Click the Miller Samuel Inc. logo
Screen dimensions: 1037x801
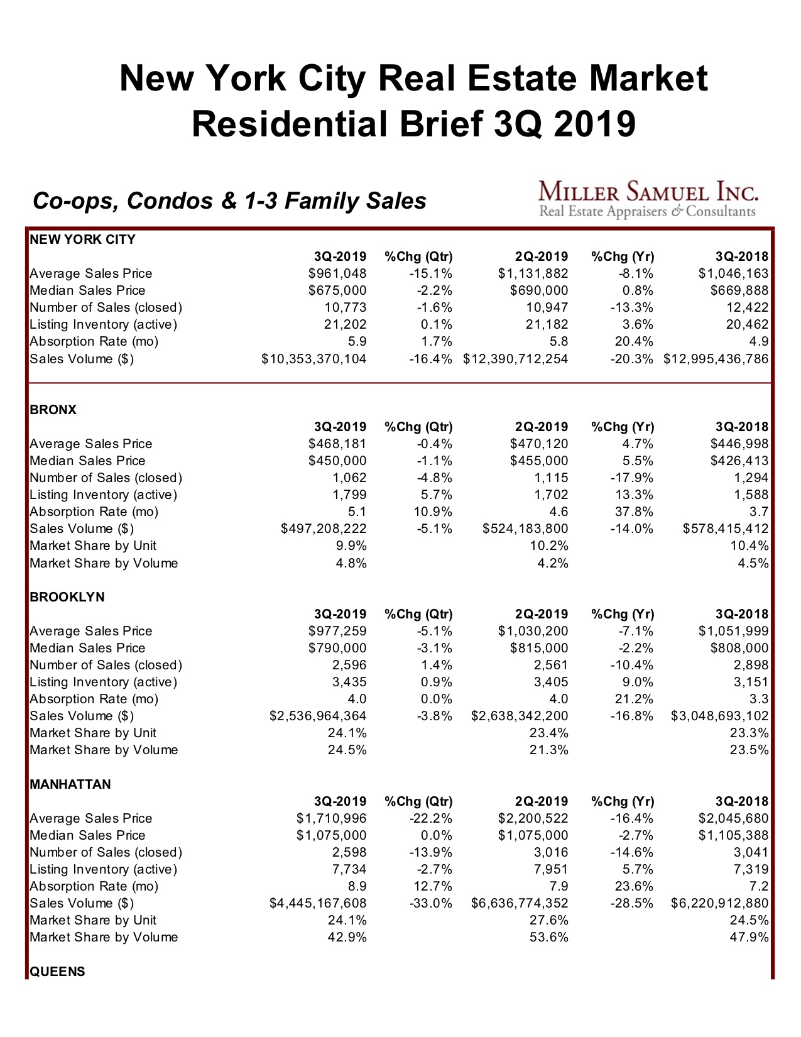point(648,199)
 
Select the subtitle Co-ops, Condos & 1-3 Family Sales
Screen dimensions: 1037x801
point(229,201)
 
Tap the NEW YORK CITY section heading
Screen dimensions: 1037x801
point(82,239)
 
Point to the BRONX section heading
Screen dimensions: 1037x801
point(53,410)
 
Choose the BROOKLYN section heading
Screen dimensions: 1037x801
point(67,597)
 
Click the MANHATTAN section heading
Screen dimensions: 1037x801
point(70,784)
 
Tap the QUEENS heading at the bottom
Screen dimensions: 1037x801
point(57,972)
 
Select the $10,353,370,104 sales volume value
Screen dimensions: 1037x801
point(314,359)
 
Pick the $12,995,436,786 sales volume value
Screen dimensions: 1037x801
point(716,359)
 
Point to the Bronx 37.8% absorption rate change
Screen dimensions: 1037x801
point(633,512)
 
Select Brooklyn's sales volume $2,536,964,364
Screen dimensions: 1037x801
point(318,716)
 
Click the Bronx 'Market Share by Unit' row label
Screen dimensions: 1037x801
point(93,546)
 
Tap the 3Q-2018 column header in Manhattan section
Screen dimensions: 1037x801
point(742,801)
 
